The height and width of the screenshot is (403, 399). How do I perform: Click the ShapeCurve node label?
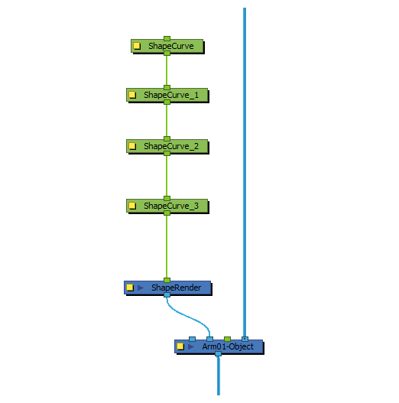coord(171,46)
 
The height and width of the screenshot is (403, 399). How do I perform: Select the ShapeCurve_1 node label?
coord(171,95)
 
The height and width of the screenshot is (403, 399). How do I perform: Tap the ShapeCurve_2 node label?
coord(171,146)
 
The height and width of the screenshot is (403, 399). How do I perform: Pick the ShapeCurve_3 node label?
coord(171,206)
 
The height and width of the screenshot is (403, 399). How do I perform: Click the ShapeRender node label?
coord(176,288)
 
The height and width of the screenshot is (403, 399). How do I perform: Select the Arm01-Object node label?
coord(228,346)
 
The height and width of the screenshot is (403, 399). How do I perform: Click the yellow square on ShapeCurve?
coord(137,46)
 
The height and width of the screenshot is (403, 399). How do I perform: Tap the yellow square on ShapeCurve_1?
coord(132,95)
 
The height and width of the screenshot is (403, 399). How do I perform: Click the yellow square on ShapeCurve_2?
coord(132,146)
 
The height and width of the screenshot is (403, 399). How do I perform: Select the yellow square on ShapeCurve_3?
coord(132,206)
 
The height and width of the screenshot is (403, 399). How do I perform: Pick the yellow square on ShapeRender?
coord(130,288)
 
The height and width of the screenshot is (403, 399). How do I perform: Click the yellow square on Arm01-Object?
coord(180,346)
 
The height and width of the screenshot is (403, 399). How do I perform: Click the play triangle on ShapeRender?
coord(141,288)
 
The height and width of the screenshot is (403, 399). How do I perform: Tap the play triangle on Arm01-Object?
coord(190,346)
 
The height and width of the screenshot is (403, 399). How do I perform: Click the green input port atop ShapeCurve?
coord(167,38)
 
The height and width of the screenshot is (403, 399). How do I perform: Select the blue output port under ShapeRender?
coord(167,295)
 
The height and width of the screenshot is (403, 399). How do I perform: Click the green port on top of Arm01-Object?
coord(227,339)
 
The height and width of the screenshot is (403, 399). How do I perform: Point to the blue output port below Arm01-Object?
coord(218,354)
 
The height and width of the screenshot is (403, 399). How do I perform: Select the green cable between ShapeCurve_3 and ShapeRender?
coord(167,247)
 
